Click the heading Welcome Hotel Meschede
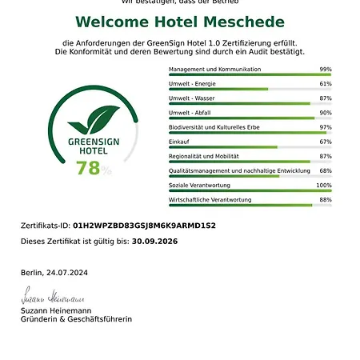pos(179,21)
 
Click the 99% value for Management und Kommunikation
pos(325,70)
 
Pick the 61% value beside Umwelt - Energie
pos(325,83)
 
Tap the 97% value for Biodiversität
pos(325,127)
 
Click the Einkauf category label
pos(180,142)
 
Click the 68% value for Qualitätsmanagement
pos(325,170)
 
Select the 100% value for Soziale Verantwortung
pos(323,185)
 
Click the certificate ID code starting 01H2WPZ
pos(144,226)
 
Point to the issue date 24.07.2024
pos(66,273)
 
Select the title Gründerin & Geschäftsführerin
pos(76,318)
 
